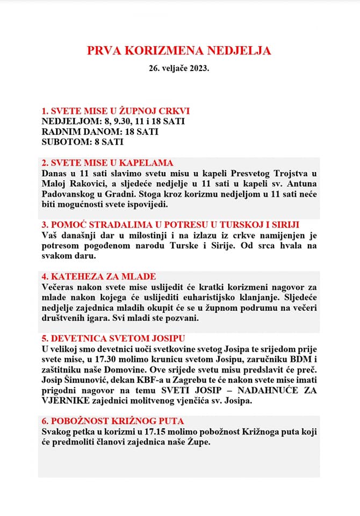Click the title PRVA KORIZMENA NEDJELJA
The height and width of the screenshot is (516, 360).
click(x=179, y=51)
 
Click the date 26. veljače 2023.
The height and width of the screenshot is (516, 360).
click(x=179, y=70)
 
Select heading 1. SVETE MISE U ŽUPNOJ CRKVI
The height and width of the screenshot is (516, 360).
click(x=116, y=111)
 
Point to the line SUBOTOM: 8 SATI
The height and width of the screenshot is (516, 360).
click(x=82, y=142)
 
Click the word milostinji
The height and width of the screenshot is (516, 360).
click(x=157, y=235)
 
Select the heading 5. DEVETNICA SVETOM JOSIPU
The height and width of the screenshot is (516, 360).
click(x=113, y=339)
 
